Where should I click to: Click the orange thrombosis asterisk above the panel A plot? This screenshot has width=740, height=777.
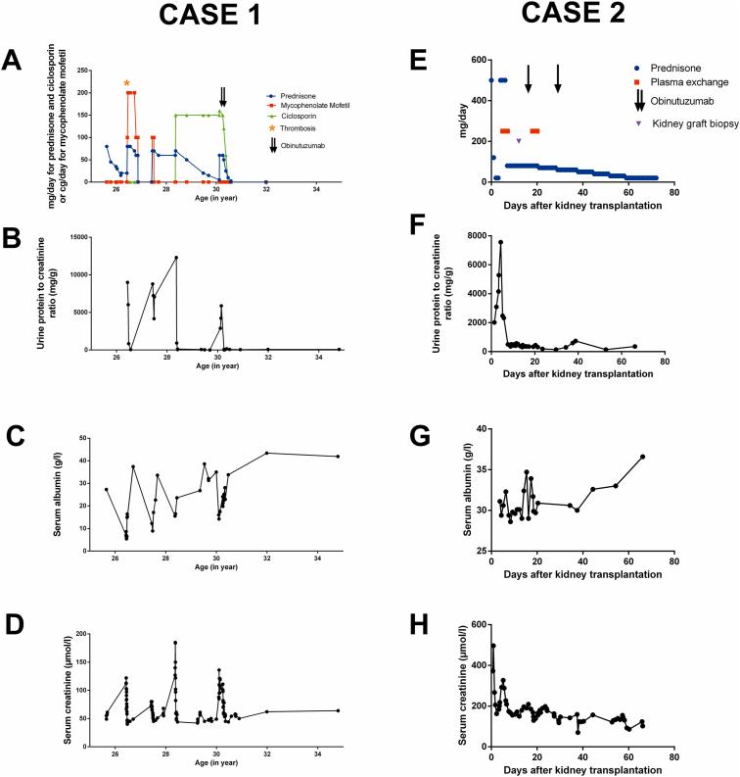(126, 83)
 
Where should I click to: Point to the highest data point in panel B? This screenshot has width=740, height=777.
(176, 258)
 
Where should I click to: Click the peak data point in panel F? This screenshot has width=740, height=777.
(500, 242)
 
